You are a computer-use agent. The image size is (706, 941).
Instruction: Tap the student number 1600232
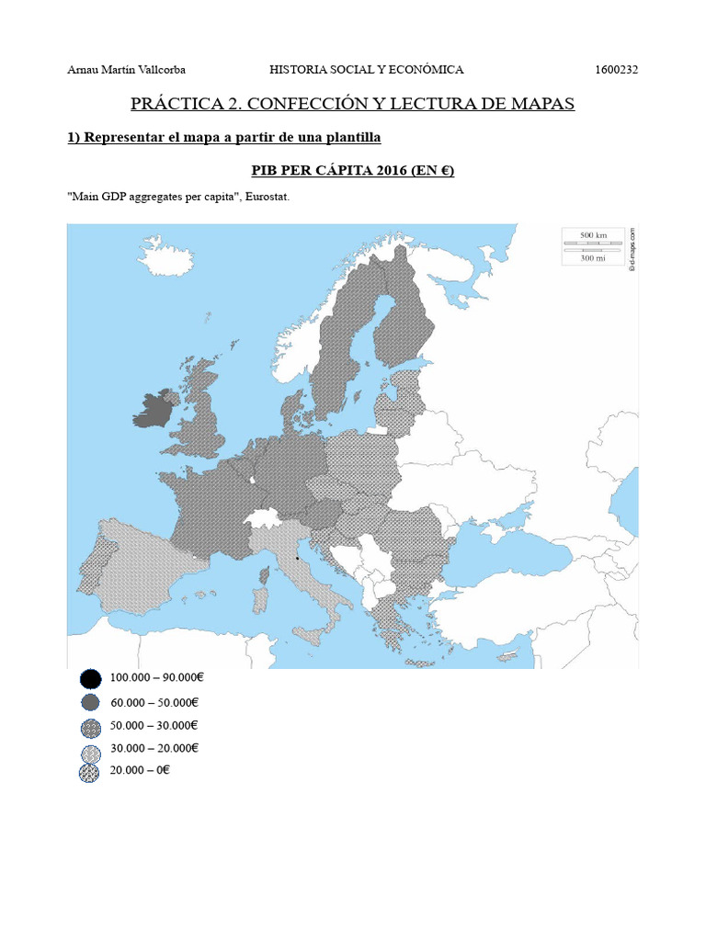click(x=617, y=70)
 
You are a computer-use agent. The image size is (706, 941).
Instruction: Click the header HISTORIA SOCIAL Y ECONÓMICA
click(x=366, y=70)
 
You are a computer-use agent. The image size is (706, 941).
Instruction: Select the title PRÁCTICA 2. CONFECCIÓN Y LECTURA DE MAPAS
click(x=353, y=103)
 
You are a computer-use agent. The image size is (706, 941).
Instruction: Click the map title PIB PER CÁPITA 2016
click(x=353, y=171)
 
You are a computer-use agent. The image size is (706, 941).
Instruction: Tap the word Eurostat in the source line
click(x=268, y=198)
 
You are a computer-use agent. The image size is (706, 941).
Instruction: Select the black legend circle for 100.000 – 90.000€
click(x=90, y=679)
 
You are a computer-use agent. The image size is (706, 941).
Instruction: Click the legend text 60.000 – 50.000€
click(x=154, y=703)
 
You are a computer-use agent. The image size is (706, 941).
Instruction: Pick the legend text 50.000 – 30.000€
click(x=154, y=726)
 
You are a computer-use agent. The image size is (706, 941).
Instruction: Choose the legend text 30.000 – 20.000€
click(x=154, y=748)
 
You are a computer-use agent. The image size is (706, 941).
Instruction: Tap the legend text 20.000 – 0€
click(x=140, y=771)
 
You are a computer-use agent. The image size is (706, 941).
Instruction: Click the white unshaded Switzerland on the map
click(x=263, y=519)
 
